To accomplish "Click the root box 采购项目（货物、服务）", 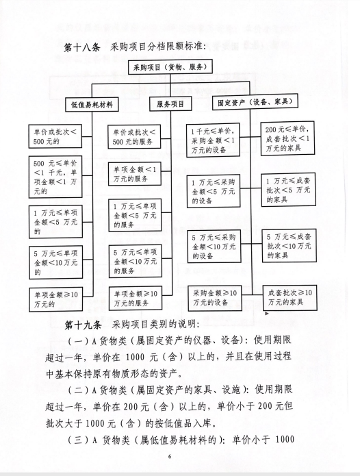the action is (170, 67).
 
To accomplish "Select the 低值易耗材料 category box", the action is (92, 105).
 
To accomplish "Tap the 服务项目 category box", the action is (170, 104).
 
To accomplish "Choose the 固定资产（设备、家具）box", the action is (255, 102).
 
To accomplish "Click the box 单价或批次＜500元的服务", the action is (134, 136).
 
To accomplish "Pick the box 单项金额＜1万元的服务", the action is (135, 174).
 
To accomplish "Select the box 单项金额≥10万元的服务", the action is (136, 298).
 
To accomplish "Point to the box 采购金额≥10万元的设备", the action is (215, 298).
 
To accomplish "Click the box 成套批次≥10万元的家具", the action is (290, 297).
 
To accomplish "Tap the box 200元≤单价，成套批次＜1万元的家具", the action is (287, 138).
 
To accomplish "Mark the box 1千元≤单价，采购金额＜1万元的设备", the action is (213, 140).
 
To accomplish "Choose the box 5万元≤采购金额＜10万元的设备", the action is (214, 246).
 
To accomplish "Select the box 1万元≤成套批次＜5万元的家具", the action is (288, 190).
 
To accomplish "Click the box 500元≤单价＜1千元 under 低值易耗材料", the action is (55, 177).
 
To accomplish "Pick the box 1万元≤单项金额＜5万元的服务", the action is (135, 216).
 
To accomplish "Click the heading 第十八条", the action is (82, 48).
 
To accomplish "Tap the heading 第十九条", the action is (83, 325).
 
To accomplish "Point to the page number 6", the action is (170, 456).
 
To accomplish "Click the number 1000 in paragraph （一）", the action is (135, 357).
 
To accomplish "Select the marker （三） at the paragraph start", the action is (78, 440).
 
